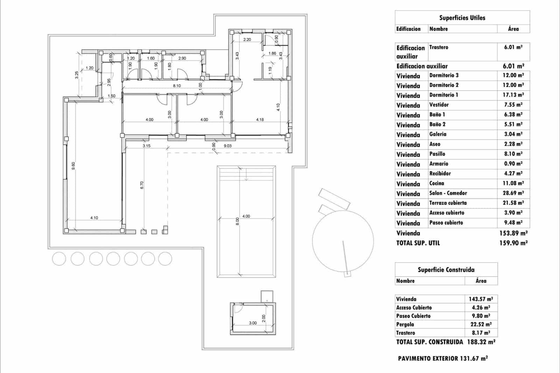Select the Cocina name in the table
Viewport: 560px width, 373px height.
[436, 183]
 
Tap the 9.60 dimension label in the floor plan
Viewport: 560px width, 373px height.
[73, 166]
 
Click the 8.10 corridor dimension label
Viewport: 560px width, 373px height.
[177, 86]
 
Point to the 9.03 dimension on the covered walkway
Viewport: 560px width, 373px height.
[227, 146]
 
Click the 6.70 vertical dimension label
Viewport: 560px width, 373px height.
[142, 185]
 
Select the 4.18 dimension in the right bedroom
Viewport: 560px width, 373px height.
[260, 120]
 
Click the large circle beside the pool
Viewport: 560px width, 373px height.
[343, 241]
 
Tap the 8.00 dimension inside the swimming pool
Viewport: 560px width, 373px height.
[237, 221]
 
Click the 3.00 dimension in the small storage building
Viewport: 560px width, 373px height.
[253, 323]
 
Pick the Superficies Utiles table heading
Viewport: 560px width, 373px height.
[462, 17]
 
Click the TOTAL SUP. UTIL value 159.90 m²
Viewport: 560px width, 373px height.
[513, 243]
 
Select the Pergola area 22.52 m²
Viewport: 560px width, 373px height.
[481, 324]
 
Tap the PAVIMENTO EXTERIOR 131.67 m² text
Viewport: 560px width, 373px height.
[443, 358]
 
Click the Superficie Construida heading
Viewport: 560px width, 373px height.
[446, 270]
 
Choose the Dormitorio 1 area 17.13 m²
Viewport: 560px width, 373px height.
[513, 95]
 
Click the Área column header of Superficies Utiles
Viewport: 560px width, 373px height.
[513, 29]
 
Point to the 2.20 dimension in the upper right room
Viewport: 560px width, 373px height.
[247, 40]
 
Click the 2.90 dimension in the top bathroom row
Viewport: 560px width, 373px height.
[182, 58]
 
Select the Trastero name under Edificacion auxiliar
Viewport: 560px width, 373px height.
[439, 47]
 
